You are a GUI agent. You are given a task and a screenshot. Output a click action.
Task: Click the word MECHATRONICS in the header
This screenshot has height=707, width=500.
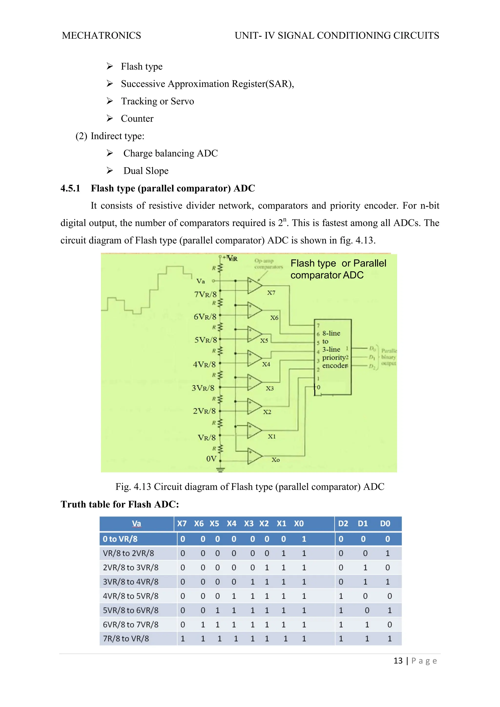(101, 36)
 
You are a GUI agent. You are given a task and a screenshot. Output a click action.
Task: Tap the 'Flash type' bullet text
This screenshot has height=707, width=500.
(141, 66)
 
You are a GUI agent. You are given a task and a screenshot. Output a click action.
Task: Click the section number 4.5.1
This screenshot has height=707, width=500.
(70, 188)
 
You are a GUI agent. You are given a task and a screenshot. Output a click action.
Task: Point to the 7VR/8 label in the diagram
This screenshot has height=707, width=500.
(205, 294)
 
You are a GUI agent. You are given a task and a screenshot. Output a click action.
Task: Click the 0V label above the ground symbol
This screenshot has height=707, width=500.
(211, 459)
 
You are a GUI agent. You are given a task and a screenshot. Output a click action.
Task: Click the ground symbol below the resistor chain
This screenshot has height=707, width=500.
(220, 469)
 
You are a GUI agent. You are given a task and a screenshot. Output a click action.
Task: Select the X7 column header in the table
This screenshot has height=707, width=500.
(182, 524)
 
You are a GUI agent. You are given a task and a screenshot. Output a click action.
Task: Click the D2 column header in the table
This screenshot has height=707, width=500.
(343, 524)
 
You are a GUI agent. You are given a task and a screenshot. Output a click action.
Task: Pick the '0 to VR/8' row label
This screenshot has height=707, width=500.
(120, 539)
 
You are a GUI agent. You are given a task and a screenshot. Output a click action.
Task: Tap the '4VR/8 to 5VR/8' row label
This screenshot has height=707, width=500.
(131, 596)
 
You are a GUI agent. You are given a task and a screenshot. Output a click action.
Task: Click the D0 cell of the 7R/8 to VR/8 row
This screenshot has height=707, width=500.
(389, 639)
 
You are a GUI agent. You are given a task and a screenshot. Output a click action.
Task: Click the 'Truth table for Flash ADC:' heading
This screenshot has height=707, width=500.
(120, 504)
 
